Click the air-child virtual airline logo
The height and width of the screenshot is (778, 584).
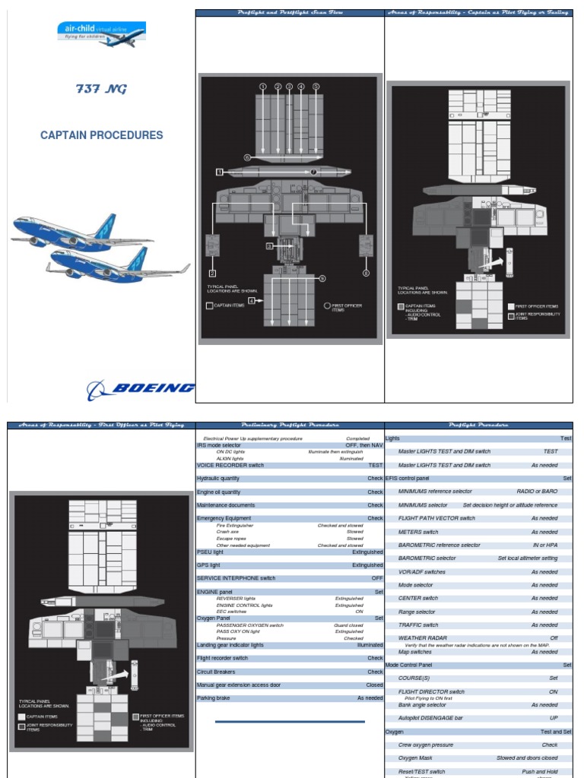[x=101, y=34]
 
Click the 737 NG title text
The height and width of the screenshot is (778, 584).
[x=101, y=89]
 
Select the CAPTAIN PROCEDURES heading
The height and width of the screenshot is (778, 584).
[x=101, y=135]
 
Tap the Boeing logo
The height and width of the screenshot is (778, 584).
[x=141, y=389]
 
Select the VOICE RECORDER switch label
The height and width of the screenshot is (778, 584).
[x=230, y=465]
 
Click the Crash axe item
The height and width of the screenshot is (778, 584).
[x=228, y=532]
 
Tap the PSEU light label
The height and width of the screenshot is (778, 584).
[x=211, y=552]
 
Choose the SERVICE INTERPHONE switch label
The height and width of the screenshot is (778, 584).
[x=236, y=578]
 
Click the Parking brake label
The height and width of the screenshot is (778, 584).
[x=215, y=698]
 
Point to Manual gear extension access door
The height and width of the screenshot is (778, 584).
[x=246, y=685]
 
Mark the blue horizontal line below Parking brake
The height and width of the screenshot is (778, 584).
[x=290, y=722]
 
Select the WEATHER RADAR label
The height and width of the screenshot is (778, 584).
[x=423, y=638]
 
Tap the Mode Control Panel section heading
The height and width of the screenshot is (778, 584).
[x=414, y=665]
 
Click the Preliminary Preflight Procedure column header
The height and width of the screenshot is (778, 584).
[x=290, y=425]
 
